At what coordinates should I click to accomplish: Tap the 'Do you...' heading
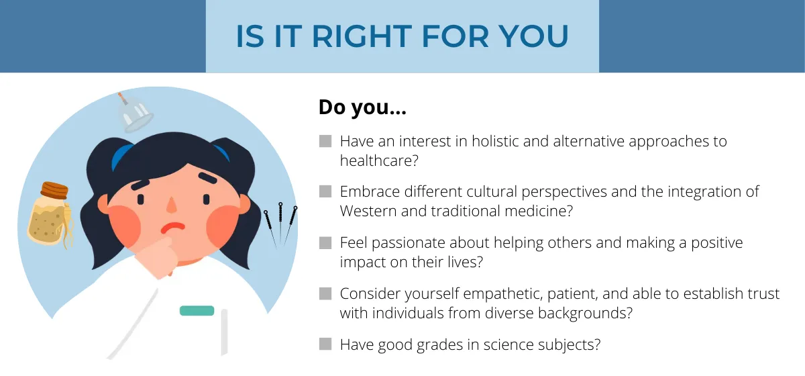362,107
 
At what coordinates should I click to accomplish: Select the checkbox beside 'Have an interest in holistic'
325,142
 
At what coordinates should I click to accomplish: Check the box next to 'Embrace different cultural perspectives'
325,191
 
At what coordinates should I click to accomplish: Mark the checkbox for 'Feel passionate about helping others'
325,242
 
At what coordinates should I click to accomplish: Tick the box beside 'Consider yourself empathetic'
325,293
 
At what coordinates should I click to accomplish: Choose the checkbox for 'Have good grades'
325,344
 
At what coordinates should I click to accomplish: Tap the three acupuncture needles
280,225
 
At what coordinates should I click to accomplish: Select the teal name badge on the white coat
197,311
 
